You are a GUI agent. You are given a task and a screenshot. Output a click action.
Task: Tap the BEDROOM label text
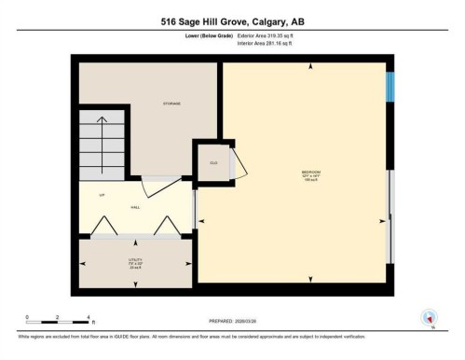[x=310, y=173]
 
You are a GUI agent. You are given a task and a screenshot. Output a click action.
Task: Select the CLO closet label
[x=213, y=162]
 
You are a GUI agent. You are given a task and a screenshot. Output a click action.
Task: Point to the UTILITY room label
[x=135, y=261]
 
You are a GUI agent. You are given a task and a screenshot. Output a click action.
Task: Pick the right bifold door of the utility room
[x=166, y=225]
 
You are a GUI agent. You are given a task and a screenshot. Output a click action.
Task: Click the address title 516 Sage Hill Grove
[x=231, y=22]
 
